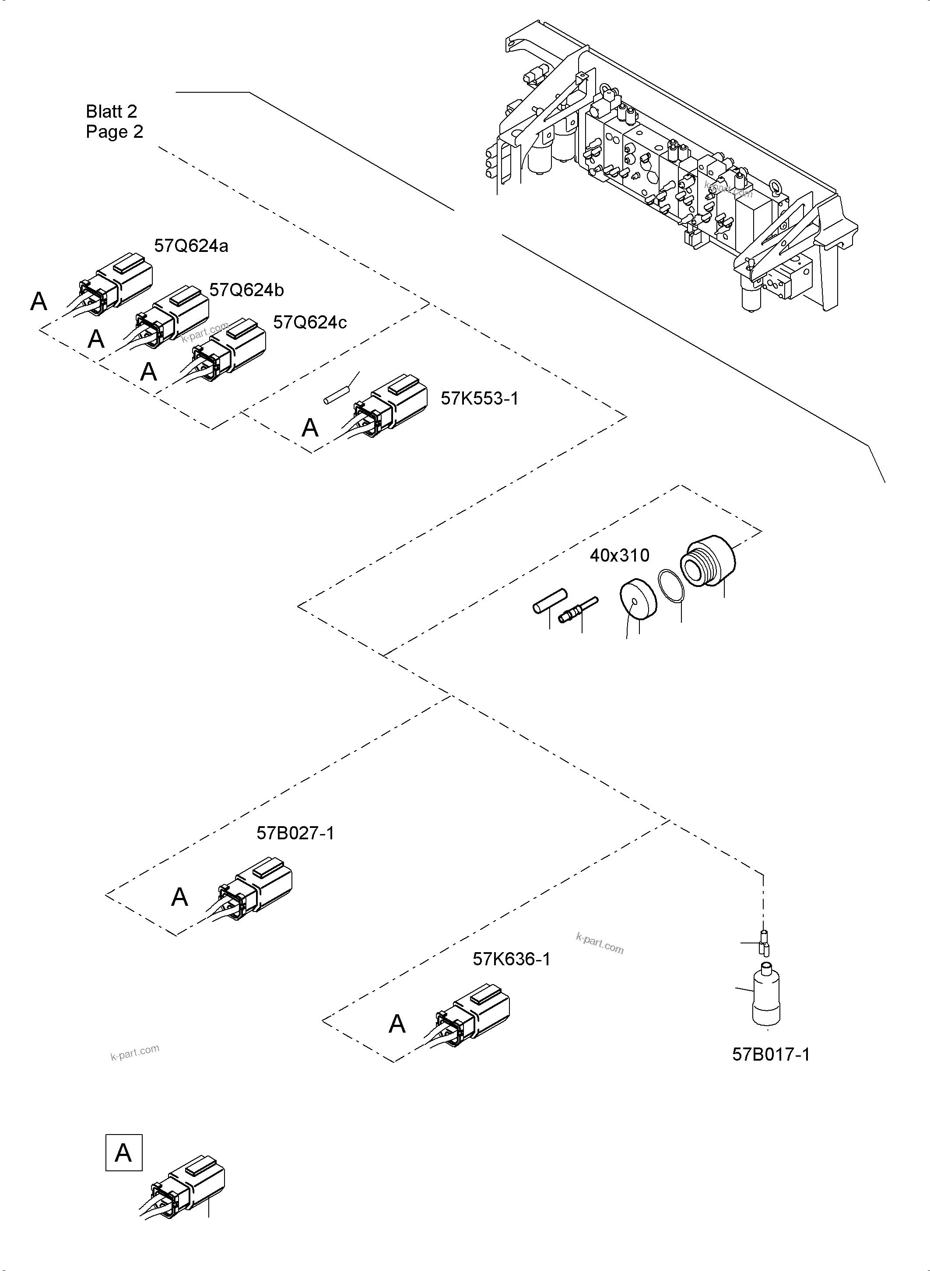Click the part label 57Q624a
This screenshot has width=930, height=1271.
pyautogui.click(x=191, y=246)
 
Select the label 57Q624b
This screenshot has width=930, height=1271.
pyautogui.click(x=246, y=290)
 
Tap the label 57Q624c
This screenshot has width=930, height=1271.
pyautogui.click(x=309, y=322)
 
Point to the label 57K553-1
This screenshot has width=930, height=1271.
pyautogui.click(x=479, y=398)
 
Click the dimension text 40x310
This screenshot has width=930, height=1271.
pyautogui.click(x=619, y=555)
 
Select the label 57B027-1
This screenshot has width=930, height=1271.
pyautogui.click(x=295, y=833)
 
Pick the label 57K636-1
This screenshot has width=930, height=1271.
pyautogui.click(x=511, y=959)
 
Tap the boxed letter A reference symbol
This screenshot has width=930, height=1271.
pyautogui.click(x=124, y=1153)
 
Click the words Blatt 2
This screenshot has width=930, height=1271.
pyautogui.click(x=112, y=112)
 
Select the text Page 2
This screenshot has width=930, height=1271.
pyautogui.click(x=114, y=132)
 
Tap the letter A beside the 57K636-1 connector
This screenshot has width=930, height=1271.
pyautogui.click(x=397, y=1023)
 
